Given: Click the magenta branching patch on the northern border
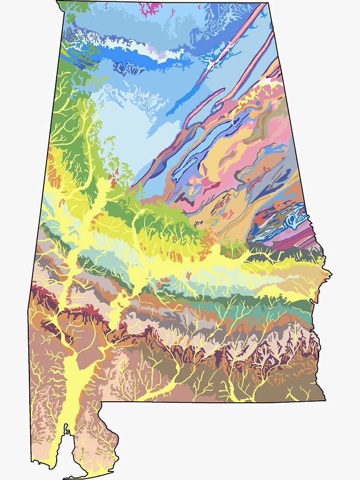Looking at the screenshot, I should pyautogui.click(x=151, y=8).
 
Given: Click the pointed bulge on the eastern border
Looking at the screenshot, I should pyautogui.click(x=330, y=275).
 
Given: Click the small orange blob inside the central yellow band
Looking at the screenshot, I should pyautogui.click(x=189, y=275).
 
